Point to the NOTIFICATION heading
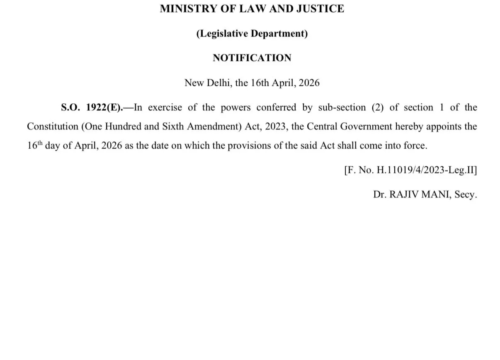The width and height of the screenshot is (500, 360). click(x=252, y=58)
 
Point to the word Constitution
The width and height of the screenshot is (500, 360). click(x=52, y=126)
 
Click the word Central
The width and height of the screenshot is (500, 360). click(x=322, y=126)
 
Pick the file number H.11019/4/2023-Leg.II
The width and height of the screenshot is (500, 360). click(x=424, y=171)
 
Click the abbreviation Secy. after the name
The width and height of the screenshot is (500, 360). click(x=466, y=195)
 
